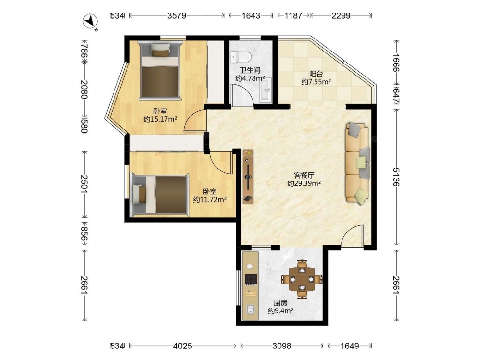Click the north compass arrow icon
click(x=91, y=22)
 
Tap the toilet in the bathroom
click(x=241, y=56)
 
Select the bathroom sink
click(x=266, y=90)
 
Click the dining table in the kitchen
click(x=302, y=279)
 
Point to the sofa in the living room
click(x=357, y=163)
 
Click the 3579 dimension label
click(x=177, y=16)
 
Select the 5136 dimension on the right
click(x=396, y=177)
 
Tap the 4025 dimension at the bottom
click(x=182, y=346)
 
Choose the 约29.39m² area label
click(x=304, y=183)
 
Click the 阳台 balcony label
click(x=316, y=74)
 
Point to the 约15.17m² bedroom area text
click(x=160, y=119)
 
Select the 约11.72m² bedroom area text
click(x=210, y=200)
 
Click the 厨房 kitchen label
click(x=280, y=303)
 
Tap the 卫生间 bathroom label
click(x=250, y=70)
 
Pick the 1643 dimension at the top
click(x=251, y=16)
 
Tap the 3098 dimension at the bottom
click(x=282, y=346)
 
